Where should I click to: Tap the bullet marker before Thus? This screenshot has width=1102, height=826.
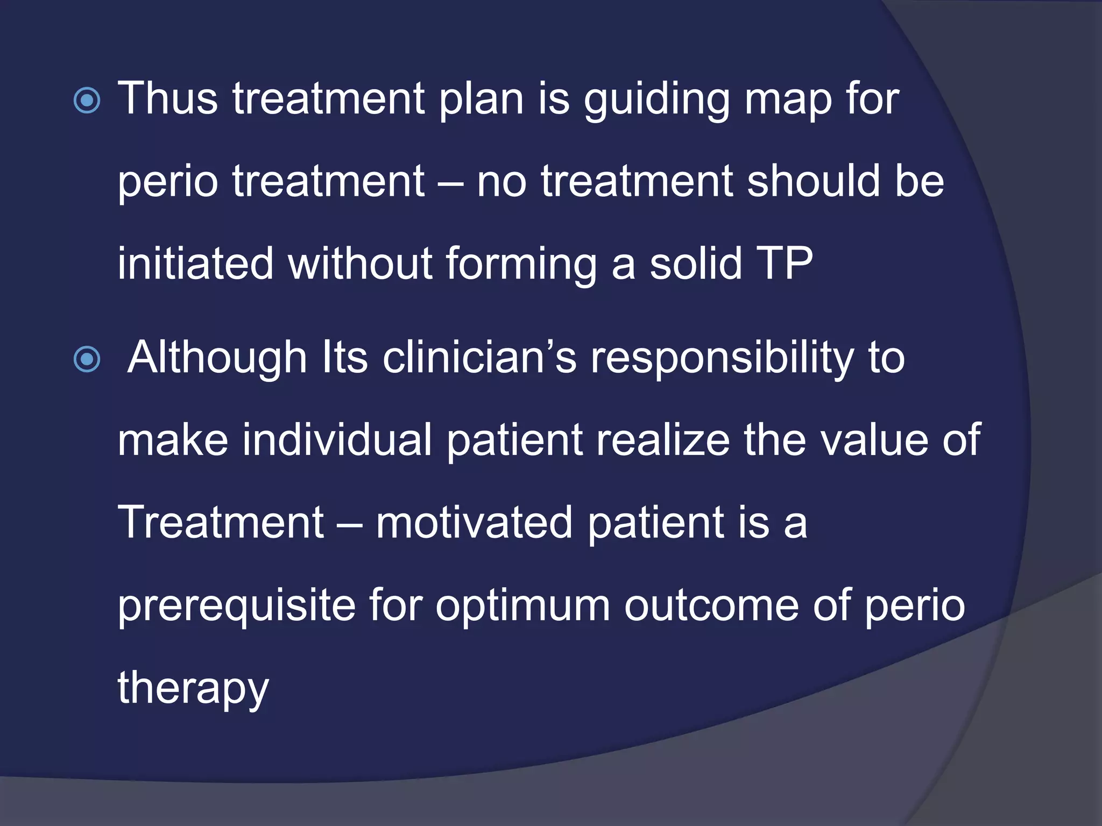coord(87,101)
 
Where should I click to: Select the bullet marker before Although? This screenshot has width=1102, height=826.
coord(87,359)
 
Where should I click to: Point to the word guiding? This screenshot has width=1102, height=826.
coord(656,101)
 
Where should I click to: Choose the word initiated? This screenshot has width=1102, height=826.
coord(195,263)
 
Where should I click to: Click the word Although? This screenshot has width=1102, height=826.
coord(217,358)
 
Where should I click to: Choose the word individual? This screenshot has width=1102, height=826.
coord(337,439)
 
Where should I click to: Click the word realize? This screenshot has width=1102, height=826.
coord(656,439)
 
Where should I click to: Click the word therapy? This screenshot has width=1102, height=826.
coord(193,688)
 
